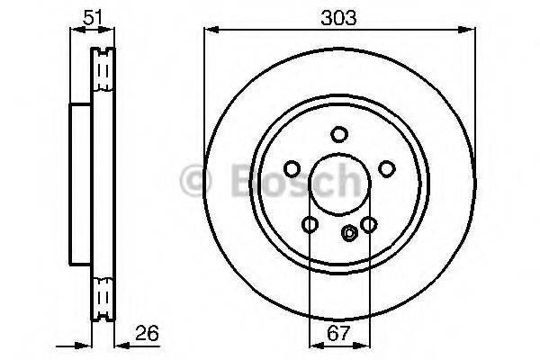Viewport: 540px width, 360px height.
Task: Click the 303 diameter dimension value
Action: (338, 16)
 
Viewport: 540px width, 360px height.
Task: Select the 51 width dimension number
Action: (92, 16)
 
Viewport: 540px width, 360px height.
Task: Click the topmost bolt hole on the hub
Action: (338, 135)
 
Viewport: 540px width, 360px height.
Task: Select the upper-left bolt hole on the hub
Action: (291, 168)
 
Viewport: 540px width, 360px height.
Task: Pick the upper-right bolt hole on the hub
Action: (387, 168)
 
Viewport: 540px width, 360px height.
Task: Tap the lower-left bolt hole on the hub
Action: (309, 224)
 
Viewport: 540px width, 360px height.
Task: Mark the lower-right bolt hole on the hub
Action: (368, 224)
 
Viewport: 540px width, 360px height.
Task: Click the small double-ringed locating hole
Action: (350, 234)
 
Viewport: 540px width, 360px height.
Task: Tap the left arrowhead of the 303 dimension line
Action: (209, 30)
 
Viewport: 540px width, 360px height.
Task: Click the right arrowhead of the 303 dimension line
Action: (469, 30)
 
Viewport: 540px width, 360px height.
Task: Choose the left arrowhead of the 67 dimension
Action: (313, 345)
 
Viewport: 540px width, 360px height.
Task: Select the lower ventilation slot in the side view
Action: (104, 293)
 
